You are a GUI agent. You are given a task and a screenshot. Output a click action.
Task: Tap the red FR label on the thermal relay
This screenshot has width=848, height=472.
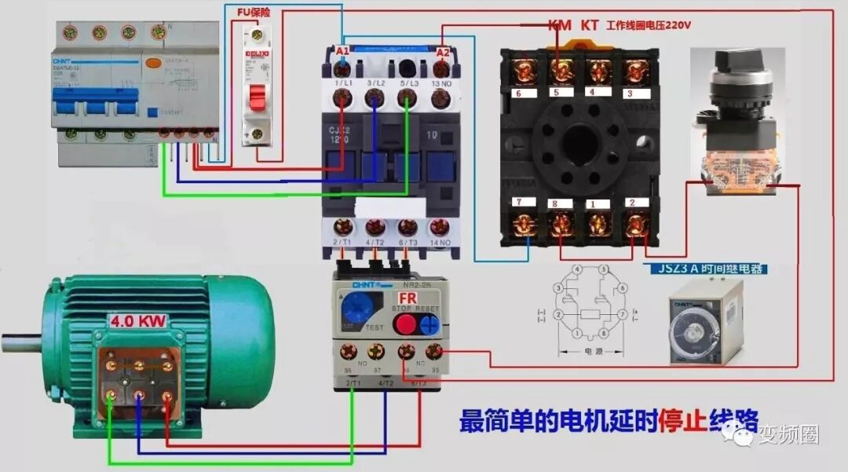(408, 299)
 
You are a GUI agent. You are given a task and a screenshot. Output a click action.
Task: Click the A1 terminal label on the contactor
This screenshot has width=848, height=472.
(342, 52)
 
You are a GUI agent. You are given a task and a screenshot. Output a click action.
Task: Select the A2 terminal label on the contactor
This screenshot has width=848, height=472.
(443, 52)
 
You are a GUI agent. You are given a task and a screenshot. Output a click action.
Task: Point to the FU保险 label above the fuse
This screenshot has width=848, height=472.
(254, 13)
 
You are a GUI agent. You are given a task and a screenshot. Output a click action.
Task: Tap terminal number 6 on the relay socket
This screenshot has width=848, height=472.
(519, 93)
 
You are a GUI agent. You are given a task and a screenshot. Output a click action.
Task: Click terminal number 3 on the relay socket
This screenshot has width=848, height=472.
(628, 93)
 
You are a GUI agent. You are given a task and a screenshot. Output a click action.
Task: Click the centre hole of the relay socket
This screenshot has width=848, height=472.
(579, 143)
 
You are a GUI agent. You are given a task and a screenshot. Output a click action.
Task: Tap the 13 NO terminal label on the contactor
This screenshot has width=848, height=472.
(441, 83)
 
